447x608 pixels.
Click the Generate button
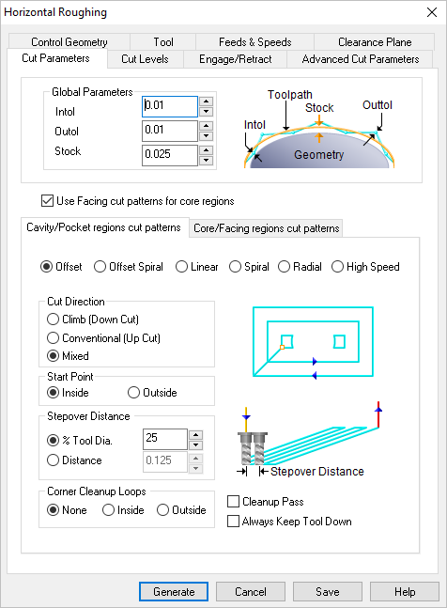pyautogui.click(x=173, y=591)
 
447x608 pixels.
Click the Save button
pyautogui.click(x=327, y=591)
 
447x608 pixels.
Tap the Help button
pyautogui.click(x=405, y=591)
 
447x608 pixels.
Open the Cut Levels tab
pyautogui.click(x=145, y=59)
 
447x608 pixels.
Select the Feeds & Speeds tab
pyautogui.click(x=255, y=42)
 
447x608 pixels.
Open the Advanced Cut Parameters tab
pyautogui.click(x=361, y=59)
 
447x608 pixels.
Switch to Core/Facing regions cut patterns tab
pyautogui.click(x=266, y=228)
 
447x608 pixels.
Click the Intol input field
pyautogui.click(x=170, y=107)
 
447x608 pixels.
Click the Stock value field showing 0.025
pyautogui.click(x=170, y=154)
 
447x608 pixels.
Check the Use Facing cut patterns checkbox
pyautogui.click(x=49, y=200)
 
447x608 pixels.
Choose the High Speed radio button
pyautogui.click(x=338, y=267)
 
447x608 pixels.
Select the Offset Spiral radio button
pyautogui.click(x=100, y=267)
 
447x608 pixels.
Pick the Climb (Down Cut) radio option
pyautogui.click(x=54, y=320)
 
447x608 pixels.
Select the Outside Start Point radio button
pyautogui.click(x=134, y=392)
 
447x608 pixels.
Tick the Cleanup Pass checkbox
pyautogui.click(x=234, y=502)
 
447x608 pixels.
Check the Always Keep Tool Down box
pyautogui.click(x=234, y=521)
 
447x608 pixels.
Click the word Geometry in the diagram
pyautogui.click(x=318, y=153)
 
